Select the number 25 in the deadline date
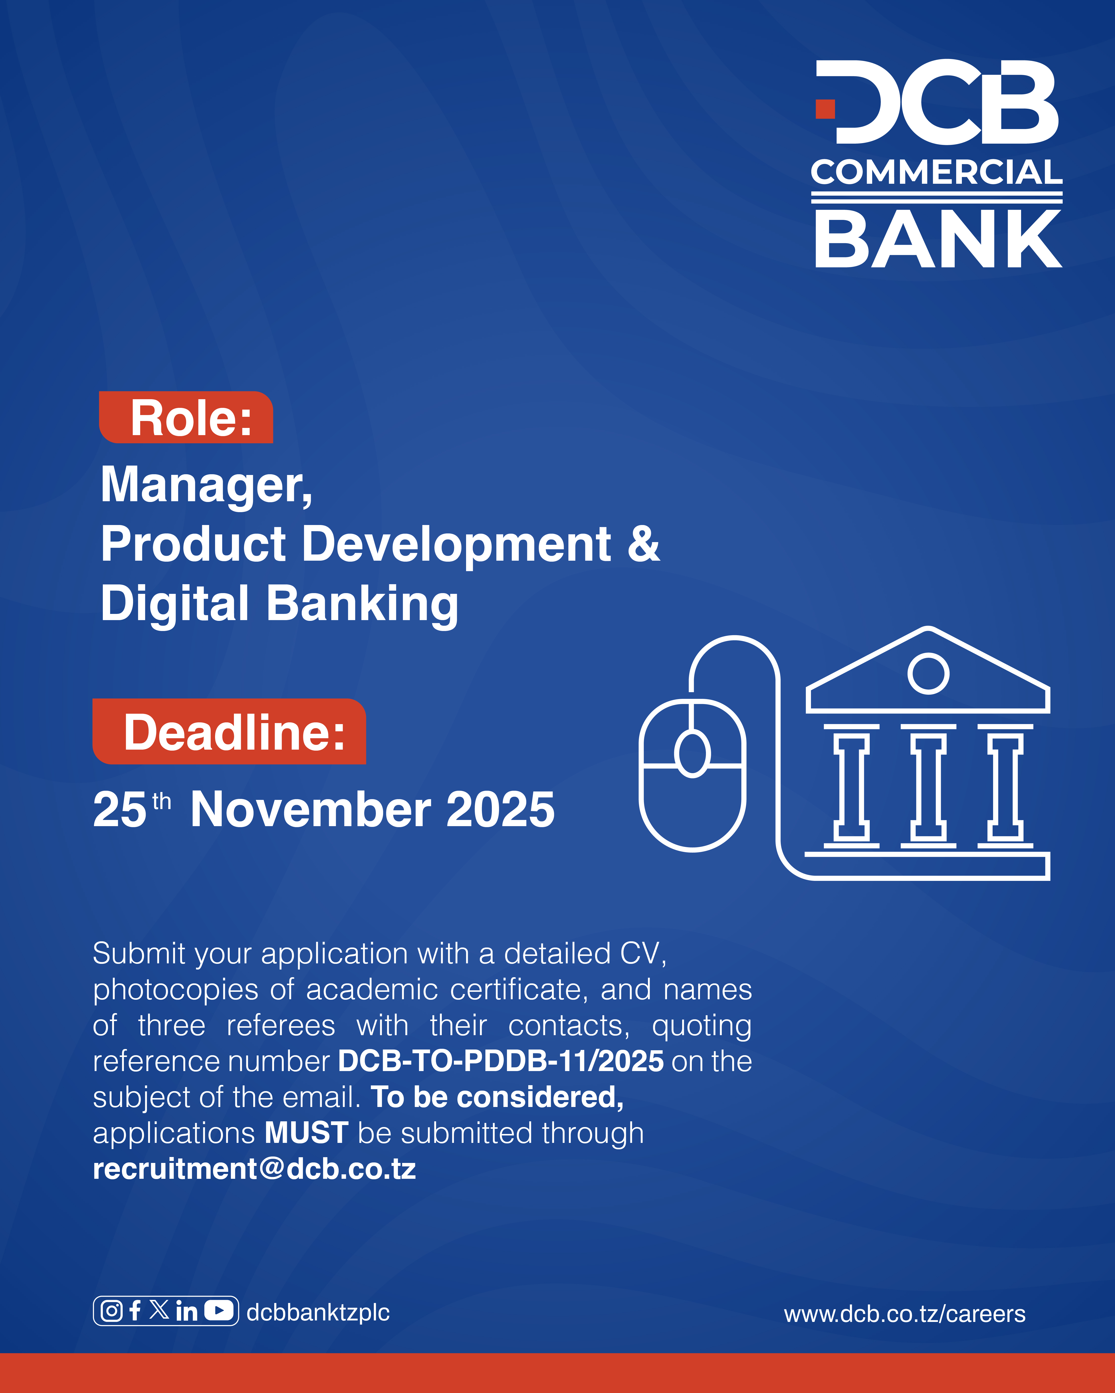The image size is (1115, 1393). point(120,810)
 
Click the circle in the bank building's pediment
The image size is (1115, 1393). point(928,673)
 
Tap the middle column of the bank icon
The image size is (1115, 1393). point(928,786)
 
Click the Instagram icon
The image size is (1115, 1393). point(112,1311)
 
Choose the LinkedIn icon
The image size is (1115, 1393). point(186,1311)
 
